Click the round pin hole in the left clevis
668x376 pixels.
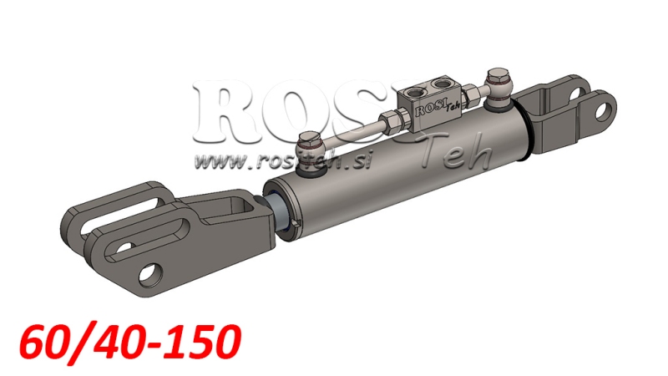(151, 273)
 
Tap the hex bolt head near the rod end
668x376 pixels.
(307, 144)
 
